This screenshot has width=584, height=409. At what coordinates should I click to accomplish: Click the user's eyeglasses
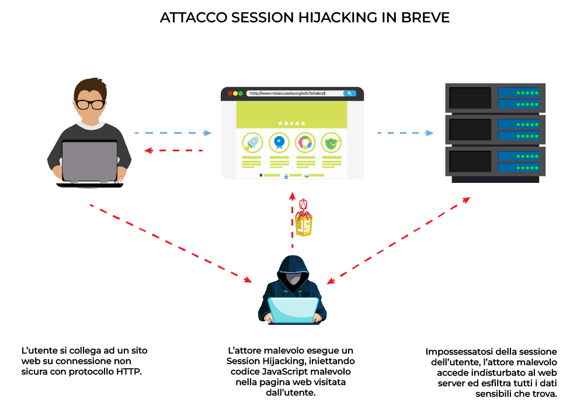tap(90, 105)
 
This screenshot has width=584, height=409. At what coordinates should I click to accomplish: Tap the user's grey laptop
tap(90, 161)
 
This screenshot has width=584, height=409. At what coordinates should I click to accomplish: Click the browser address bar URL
tap(286, 93)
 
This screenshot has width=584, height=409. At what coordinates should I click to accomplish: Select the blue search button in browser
tap(349, 93)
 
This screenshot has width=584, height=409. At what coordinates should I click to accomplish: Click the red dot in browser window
tap(230, 93)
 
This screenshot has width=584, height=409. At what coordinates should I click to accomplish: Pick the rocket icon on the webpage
tap(252, 142)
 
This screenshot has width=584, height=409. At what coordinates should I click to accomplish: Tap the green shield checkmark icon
tap(332, 142)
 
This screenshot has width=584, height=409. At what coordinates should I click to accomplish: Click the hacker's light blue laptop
tap(293, 310)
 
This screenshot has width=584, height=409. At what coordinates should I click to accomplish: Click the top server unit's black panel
tap(470, 98)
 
